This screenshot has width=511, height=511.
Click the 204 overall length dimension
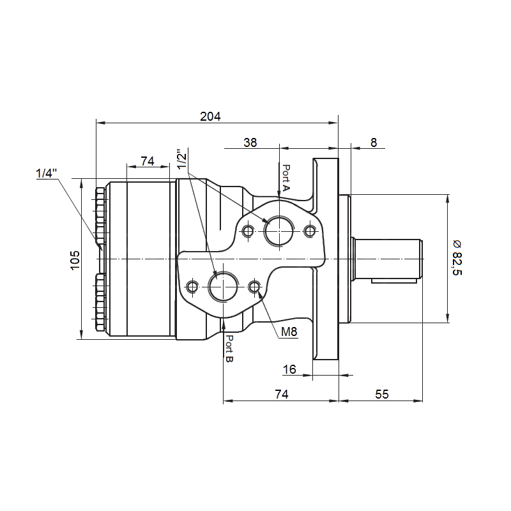point(210,116)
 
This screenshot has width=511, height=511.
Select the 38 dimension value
point(250,142)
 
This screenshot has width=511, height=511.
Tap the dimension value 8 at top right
point(374,142)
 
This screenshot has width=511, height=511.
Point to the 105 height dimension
point(75,260)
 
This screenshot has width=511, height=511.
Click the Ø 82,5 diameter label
point(457,257)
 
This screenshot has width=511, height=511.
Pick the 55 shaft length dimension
point(381,394)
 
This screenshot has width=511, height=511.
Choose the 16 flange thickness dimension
point(289,369)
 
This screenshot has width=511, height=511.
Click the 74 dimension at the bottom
point(282,394)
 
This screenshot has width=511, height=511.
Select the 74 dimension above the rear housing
point(148,161)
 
